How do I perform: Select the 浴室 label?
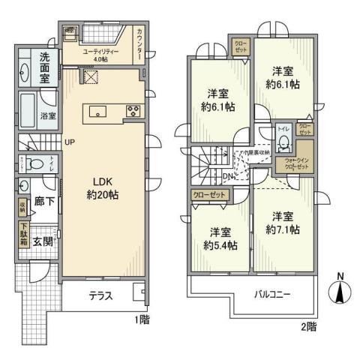47,116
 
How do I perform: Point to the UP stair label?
69,142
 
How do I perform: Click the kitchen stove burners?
132,112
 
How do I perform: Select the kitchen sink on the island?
98,112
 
